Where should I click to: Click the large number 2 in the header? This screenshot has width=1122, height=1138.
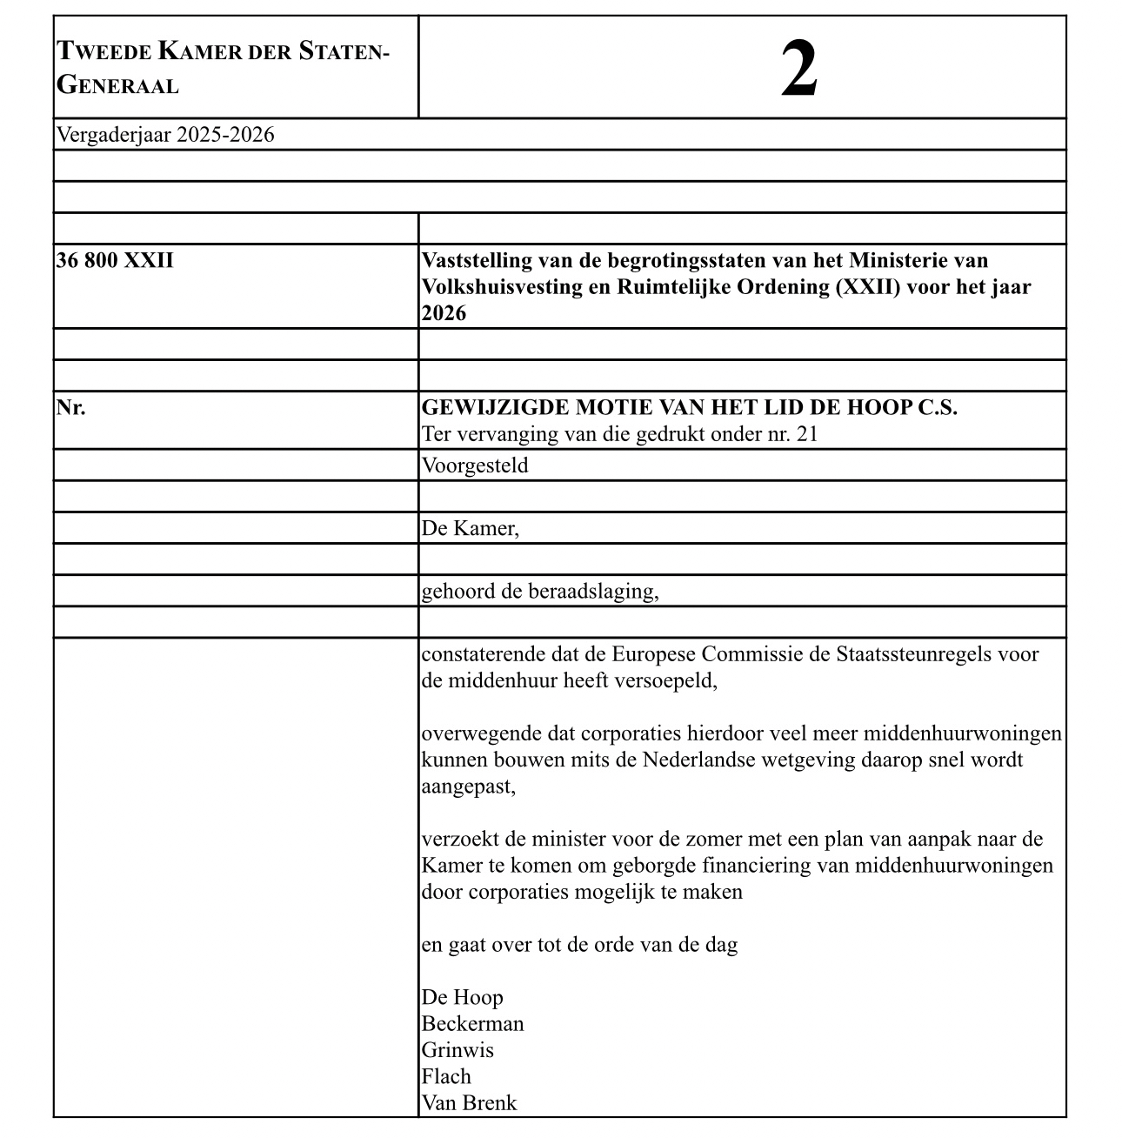798,70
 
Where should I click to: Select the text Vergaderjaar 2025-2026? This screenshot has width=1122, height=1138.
165,135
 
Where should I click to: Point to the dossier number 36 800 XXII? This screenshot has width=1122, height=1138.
115,260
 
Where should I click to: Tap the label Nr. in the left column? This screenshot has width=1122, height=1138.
71,407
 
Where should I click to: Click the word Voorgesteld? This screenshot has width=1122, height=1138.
475,465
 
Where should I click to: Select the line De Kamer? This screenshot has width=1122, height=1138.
471,528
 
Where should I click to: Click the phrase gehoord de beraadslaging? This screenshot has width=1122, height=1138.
540,592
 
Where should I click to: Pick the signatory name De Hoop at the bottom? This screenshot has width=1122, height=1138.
463,997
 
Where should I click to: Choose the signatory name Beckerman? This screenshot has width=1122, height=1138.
473,1024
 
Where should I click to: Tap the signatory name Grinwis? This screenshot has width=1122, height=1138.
458,1050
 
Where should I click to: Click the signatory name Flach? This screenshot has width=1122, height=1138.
446,1077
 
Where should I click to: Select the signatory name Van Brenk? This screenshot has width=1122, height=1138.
470,1103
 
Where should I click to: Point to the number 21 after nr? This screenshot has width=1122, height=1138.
807,433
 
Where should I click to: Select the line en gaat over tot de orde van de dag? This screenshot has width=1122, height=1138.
580,945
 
